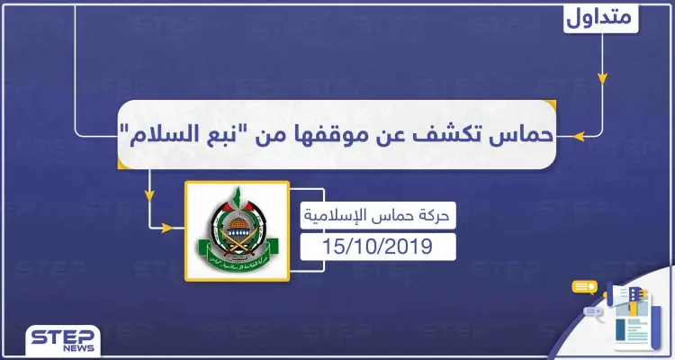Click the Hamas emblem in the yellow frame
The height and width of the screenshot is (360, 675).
(237, 229)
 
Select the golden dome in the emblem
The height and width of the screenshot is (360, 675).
(237, 216)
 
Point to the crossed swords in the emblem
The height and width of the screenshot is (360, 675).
(237, 236)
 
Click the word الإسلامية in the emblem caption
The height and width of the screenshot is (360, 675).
(339, 217)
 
